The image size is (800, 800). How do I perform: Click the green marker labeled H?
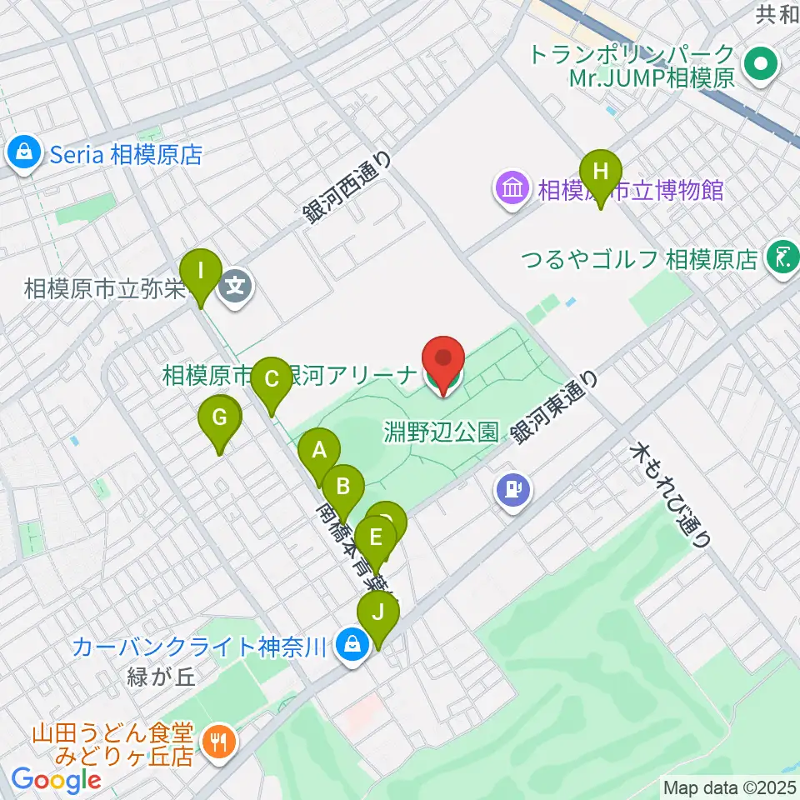point(600,172)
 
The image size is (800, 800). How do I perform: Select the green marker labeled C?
point(271,379)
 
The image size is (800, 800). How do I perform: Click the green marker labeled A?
point(319,452)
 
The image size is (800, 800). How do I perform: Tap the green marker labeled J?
point(378,614)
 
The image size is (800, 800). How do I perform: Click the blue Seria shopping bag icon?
point(26,153)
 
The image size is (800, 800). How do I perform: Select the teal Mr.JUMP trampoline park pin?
point(760,67)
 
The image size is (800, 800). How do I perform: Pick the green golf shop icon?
point(782,258)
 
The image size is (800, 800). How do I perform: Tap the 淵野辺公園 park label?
point(442,432)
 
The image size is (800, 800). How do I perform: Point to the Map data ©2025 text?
point(728,787)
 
